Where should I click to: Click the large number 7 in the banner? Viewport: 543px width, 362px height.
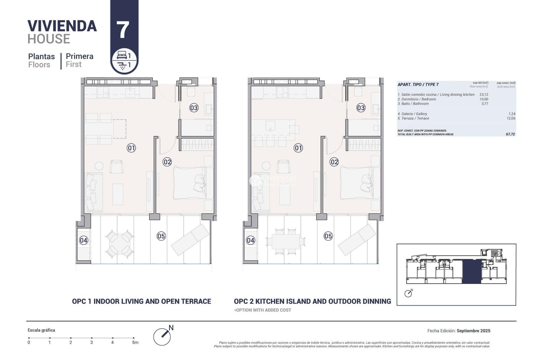click(123, 30)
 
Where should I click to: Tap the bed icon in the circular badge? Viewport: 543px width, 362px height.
click(121, 55)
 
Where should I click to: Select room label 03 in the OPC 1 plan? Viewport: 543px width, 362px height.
click(194, 108)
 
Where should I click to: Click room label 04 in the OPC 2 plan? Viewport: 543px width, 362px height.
click(251, 240)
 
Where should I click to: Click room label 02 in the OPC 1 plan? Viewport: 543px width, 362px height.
click(167, 162)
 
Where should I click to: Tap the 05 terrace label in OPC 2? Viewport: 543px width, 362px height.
click(328, 236)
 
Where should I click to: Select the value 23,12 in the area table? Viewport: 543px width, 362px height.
click(484, 95)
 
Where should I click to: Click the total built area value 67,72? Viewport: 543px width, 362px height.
click(510, 134)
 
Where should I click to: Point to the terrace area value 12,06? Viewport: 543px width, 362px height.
click(511, 118)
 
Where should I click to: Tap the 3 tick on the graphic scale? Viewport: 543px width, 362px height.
click(92, 338)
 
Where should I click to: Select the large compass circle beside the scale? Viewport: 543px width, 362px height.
click(162, 337)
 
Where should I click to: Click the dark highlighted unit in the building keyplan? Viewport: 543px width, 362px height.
click(471, 271)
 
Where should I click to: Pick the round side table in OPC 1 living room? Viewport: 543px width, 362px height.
click(99, 166)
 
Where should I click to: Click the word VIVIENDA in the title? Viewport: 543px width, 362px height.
click(62, 26)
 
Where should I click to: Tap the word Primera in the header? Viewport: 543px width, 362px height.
click(79, 56)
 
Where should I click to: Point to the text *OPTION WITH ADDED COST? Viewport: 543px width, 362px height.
click(262, 310)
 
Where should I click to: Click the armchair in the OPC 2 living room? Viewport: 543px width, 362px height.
click(283, 167)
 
